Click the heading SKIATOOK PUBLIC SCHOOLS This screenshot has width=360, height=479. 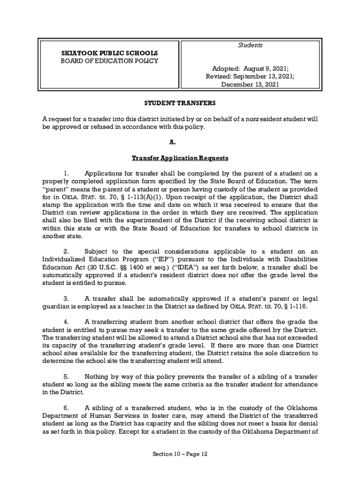106,53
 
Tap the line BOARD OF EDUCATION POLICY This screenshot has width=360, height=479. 106,61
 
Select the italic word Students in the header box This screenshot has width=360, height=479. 250,45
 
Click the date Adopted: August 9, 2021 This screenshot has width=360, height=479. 250,68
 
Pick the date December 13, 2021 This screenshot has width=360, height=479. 250,85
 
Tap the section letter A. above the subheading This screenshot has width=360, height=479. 180,142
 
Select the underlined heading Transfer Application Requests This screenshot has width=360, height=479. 180,158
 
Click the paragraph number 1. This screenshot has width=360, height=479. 66,173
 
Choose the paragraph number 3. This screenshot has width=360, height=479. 66,298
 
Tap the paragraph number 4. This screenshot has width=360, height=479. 66,322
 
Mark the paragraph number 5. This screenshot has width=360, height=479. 66,376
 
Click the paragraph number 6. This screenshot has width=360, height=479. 66,408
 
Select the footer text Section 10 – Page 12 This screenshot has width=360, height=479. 180,454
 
